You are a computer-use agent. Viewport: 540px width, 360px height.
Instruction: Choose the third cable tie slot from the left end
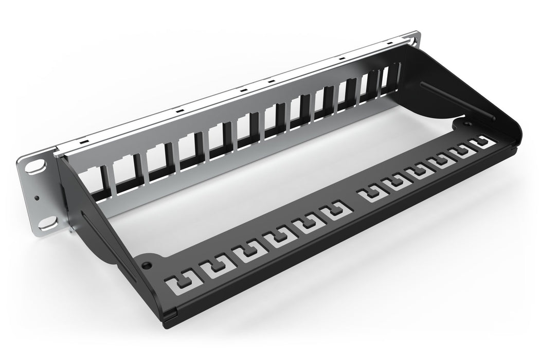point(244,253)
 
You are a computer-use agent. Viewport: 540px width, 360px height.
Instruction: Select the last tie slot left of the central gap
point(334,211)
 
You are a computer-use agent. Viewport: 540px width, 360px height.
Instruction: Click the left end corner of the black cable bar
point(175,311)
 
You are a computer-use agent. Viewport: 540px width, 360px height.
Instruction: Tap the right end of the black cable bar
point(514,149)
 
